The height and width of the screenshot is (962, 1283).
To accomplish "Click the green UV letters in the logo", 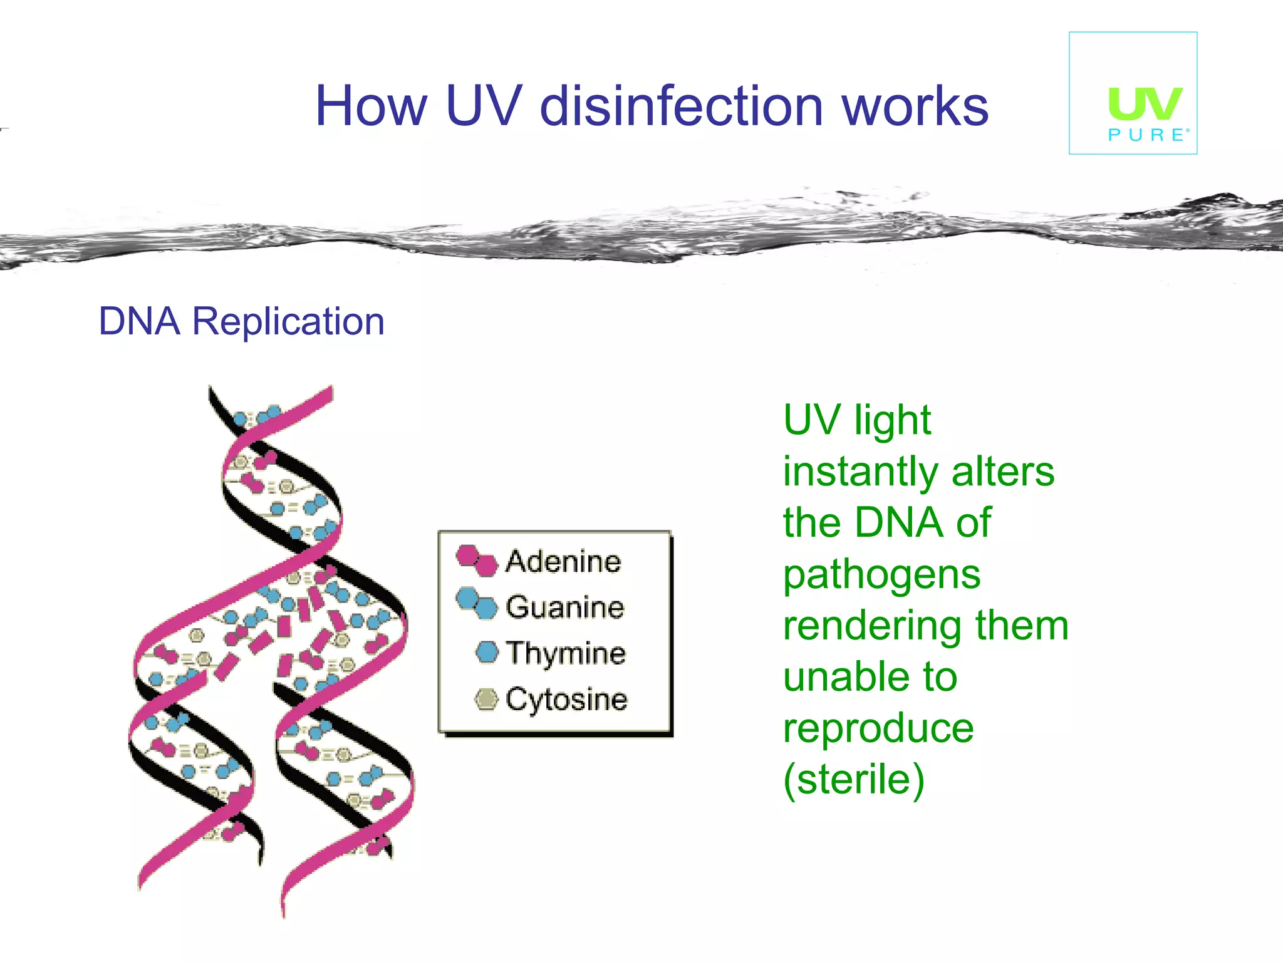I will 1145,104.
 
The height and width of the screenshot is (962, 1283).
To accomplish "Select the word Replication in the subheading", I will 288,322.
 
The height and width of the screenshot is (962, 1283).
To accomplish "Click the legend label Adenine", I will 563,561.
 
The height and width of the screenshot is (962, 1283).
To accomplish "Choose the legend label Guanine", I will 565,608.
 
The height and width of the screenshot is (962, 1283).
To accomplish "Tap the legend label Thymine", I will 566,653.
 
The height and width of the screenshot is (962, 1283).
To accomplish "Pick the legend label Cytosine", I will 566,700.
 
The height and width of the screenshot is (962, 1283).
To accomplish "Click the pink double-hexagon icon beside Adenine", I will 477,560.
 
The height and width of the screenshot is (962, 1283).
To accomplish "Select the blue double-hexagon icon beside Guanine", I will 477,603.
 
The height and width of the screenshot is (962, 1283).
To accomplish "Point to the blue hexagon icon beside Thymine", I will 487,652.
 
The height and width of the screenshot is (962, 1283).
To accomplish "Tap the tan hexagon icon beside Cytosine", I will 487,699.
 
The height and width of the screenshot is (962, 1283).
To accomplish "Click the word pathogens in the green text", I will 881,575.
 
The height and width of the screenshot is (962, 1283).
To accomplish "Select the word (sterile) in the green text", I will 854,780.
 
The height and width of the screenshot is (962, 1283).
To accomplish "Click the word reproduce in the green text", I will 878,728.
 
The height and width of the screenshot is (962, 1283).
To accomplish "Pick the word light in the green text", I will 893,420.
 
